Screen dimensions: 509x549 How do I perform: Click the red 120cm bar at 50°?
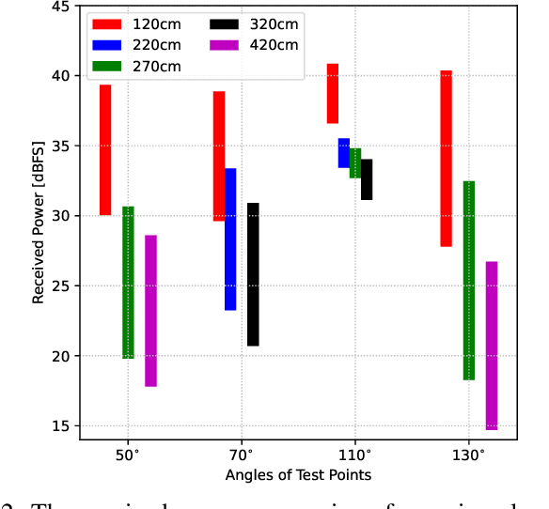click(105, 150)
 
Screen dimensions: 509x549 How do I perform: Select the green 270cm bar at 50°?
click(128, 282)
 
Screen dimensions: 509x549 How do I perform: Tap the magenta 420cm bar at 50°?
click(150, 310)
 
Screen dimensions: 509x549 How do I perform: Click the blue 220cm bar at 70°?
click(230, 239)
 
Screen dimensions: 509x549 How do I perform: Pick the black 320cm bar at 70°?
click(253, 274)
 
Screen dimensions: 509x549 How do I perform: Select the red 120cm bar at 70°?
click(219, 156)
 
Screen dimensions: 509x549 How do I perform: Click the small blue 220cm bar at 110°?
click(344, 153)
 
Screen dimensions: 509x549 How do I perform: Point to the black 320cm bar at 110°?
click(367, 179)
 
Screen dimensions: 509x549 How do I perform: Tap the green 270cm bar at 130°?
click(469, 280)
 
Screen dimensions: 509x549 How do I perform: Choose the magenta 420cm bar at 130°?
click(492, 345)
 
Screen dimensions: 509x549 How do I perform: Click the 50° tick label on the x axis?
click(128, 454)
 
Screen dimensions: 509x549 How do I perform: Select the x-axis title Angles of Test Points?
click(298, 475)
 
